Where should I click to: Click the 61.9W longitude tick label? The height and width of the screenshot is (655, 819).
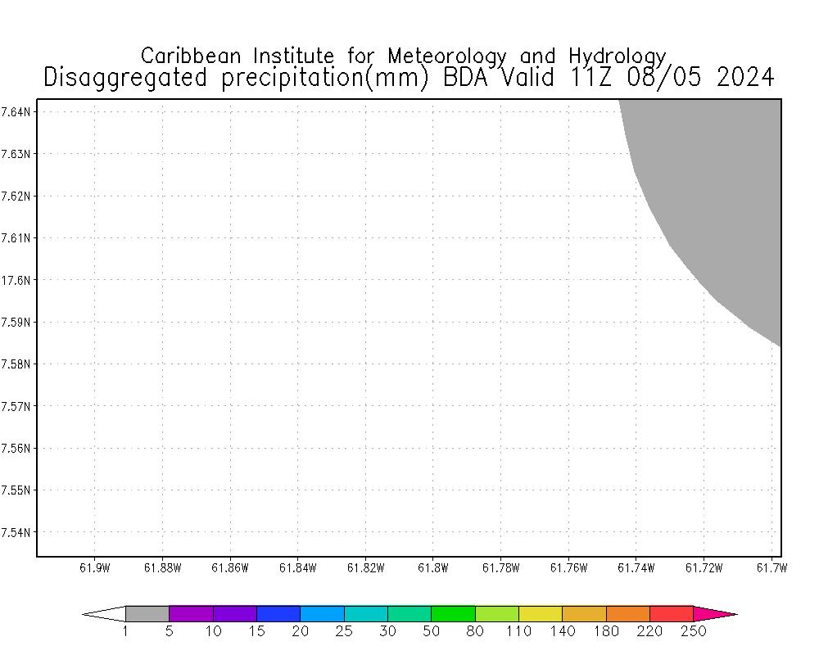coord(94,568)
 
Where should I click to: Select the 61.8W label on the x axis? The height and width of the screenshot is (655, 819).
coord(432,568)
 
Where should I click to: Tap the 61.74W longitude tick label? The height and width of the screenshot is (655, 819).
coord(636,568)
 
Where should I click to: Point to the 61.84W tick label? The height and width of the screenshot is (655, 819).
coord(297,568)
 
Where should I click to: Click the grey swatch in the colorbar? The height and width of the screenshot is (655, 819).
coord(147,613)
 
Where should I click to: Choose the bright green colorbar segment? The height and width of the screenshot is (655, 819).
coord(453,613)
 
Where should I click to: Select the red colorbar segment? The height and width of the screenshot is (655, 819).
coord(672,613)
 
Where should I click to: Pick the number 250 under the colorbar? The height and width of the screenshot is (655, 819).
coord(693,631)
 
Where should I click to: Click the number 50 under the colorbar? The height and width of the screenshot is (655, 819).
coord(432,631)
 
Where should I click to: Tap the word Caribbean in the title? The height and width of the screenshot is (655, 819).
coord(193,56)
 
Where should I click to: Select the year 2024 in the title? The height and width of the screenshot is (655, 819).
coord(744,78)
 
